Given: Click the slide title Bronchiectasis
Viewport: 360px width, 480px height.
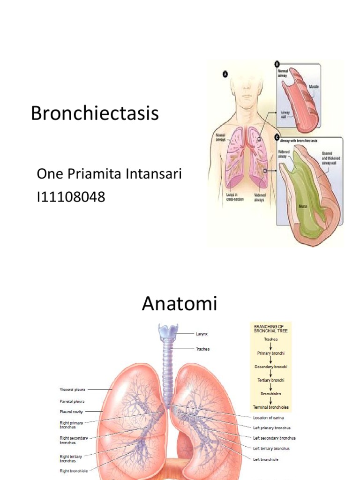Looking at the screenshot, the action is point(95,114).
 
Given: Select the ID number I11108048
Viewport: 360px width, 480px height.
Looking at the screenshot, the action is point(71,197).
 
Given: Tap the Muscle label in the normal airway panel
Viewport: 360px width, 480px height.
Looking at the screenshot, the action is point(314,87).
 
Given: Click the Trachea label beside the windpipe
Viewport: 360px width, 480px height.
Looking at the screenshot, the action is point(202,349).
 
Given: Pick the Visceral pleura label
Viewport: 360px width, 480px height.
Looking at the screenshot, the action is point(72,389).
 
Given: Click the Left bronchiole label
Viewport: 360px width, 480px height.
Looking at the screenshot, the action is point(266,459).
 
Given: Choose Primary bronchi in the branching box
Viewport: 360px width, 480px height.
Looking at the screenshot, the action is point(271,353).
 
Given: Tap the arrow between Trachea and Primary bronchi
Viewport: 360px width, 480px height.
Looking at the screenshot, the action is point(271,346).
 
